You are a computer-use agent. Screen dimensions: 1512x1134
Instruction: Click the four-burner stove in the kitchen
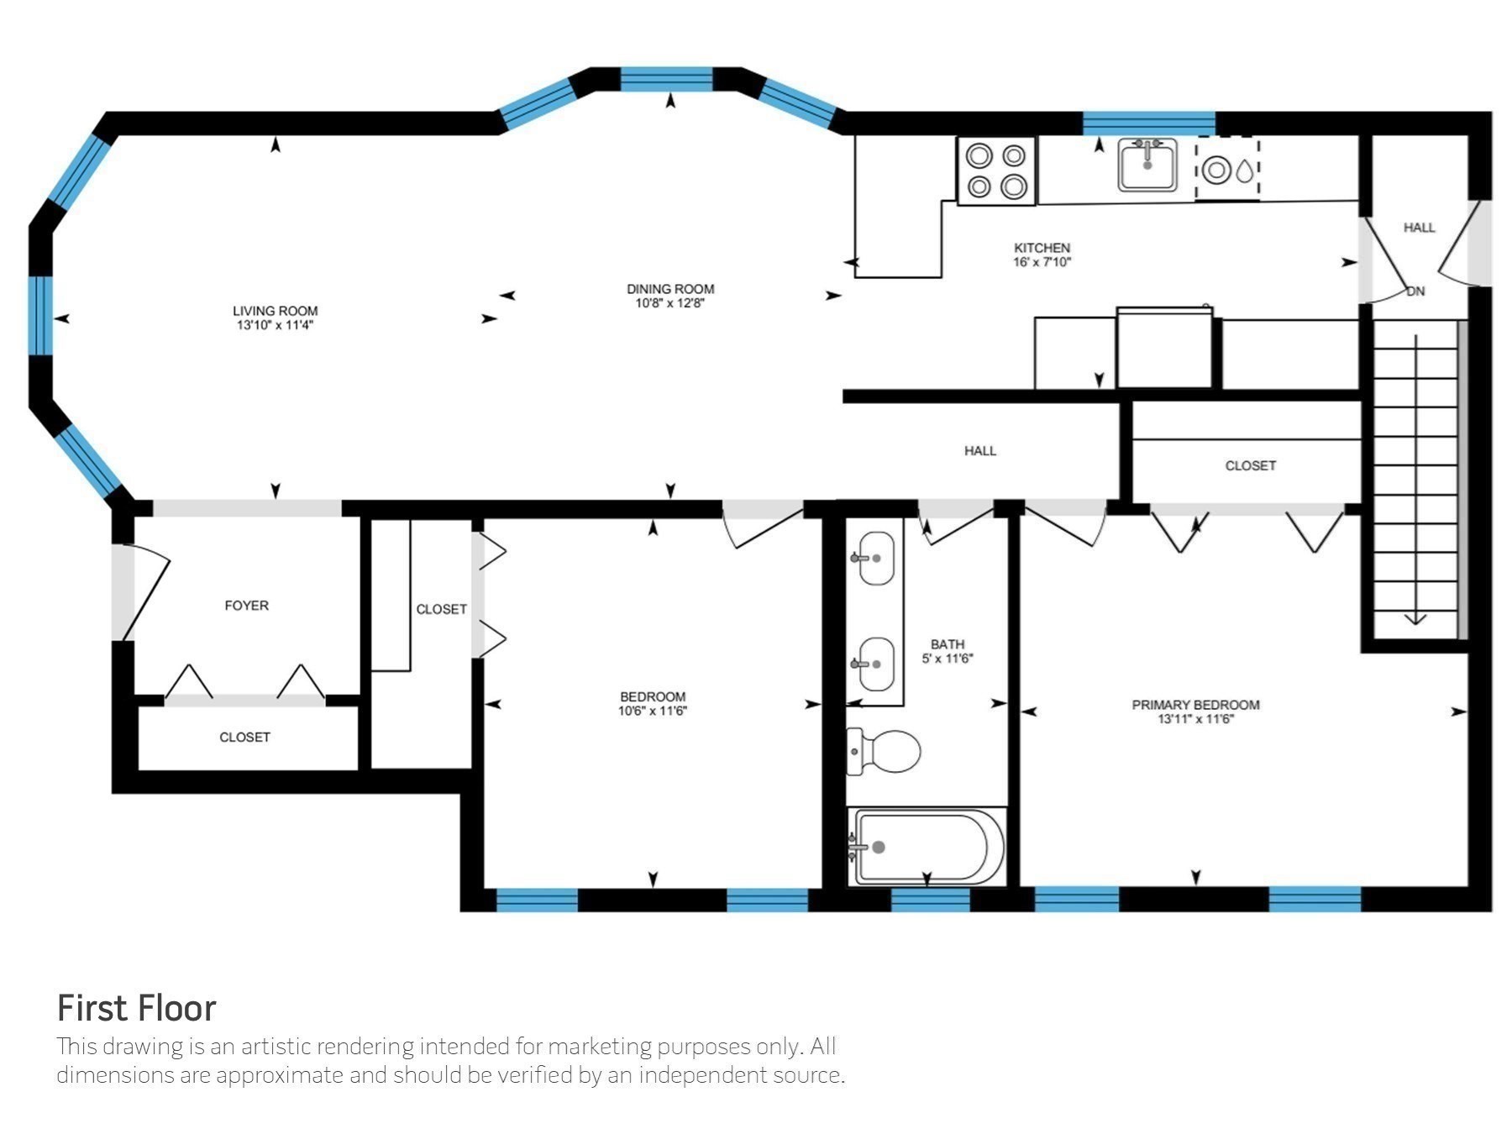pos(996,171)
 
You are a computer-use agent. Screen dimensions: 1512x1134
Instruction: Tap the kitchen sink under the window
pos(1147,165)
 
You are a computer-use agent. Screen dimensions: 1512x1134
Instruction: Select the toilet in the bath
pos(883,751)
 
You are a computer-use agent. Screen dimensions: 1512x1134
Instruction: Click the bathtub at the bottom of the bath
pos(927,846)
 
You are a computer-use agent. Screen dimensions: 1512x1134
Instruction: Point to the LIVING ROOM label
pos(276,311)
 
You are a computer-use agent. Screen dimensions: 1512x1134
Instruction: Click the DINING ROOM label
pos(670,289)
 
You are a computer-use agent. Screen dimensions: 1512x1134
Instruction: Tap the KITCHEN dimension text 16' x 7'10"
pos(1042,262)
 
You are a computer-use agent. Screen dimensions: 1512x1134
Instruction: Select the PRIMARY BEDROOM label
pos(1196,705)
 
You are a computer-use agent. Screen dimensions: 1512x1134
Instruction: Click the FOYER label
pos(247,606)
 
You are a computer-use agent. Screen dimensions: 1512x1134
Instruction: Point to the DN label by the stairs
pos(1416,291)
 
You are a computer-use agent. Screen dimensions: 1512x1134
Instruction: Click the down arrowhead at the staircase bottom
pos(1415,619)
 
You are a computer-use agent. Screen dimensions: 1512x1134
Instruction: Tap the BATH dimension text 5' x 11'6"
pos(948,659)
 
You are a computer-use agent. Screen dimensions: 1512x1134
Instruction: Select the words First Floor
pos(137,1008)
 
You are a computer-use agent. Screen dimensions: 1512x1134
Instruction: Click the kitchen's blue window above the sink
pos(1149,123)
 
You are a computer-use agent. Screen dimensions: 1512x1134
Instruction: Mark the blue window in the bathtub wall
pos(930,900)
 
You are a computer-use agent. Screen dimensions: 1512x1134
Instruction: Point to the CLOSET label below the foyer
pos(245,738)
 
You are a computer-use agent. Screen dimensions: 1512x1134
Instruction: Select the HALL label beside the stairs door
pos(1420,228)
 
